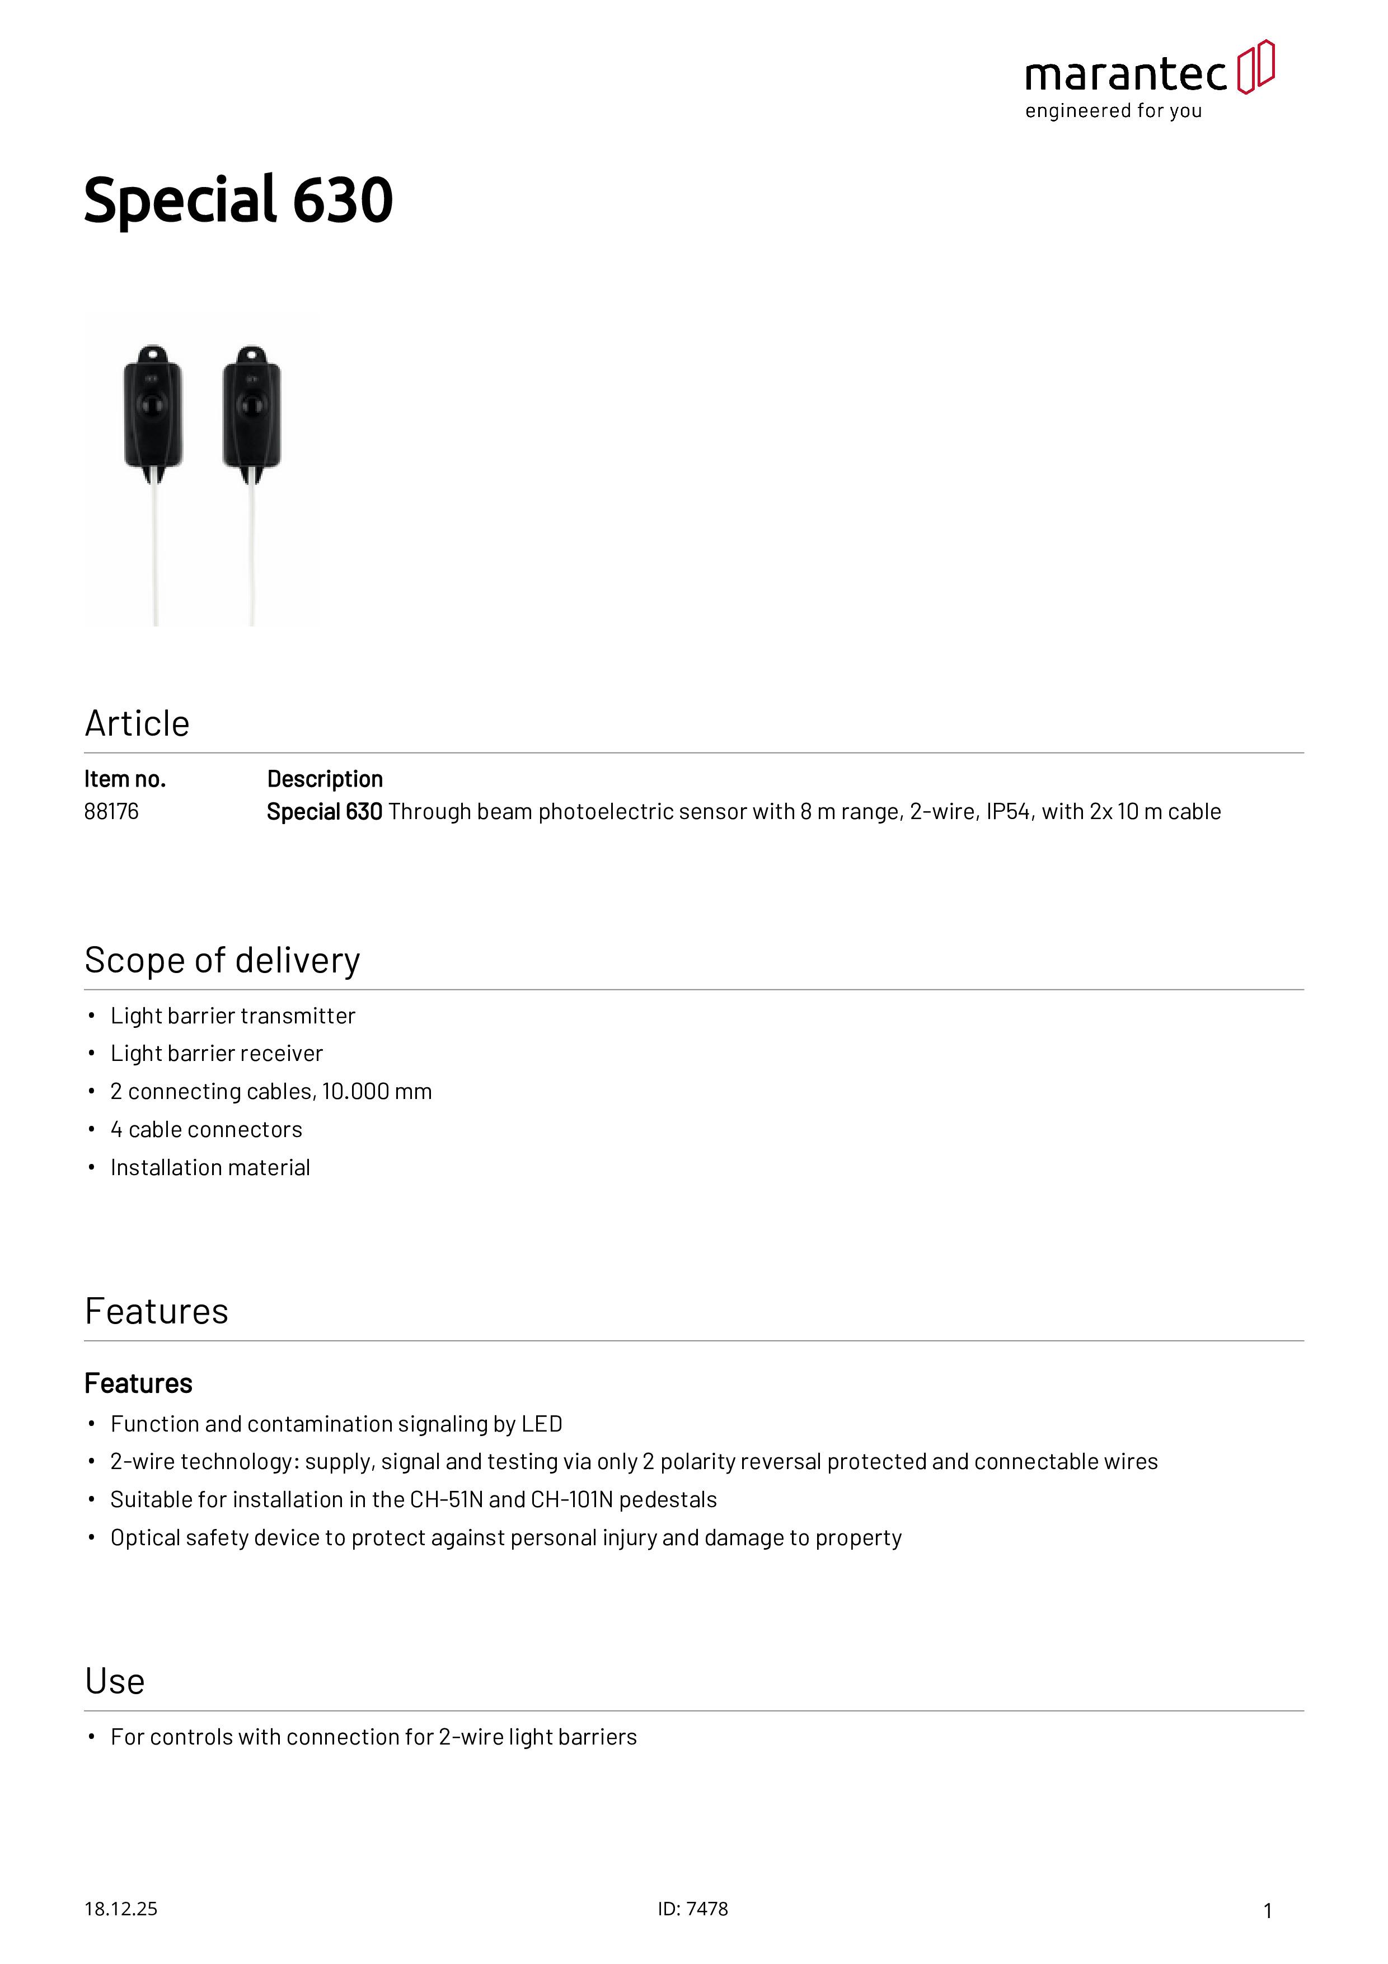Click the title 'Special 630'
(238, 200)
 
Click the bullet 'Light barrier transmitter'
(233, 1016)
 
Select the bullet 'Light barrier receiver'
(217, 1053)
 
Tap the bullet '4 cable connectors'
(206, 1129)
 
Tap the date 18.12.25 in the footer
(120, 1909)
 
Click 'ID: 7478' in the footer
(693, 1909)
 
